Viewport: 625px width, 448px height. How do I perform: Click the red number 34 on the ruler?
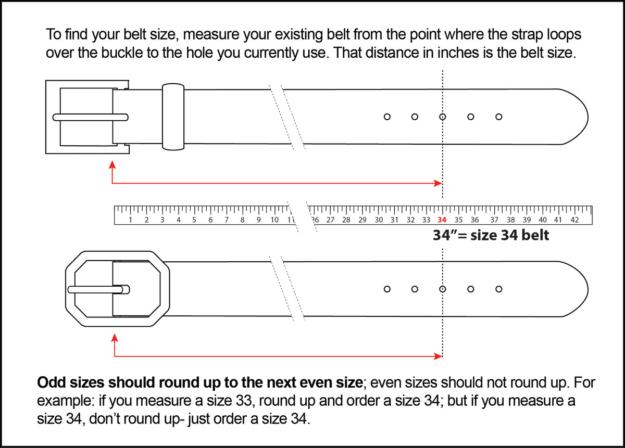442,220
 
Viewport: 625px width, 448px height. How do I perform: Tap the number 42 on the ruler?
574,220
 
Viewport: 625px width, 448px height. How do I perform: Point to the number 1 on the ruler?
130,220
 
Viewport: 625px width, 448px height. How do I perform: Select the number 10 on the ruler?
274,220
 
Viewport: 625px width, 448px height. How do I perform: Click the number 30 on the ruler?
379,220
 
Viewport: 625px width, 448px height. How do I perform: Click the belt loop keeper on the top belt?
172,117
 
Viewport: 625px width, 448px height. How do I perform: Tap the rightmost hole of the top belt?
498,117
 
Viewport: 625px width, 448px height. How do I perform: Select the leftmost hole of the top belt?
387,117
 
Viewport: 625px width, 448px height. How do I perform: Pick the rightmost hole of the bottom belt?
498,289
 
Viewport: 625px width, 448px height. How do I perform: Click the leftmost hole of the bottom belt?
387,289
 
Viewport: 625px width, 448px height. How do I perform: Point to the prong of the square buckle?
90,117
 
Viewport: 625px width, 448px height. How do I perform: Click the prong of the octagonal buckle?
99,289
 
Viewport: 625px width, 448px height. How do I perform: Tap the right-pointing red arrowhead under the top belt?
439,183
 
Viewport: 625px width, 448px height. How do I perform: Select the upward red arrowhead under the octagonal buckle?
114,338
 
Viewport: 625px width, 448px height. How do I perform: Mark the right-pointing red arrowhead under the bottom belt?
439,356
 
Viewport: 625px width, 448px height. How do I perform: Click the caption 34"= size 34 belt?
491,235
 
